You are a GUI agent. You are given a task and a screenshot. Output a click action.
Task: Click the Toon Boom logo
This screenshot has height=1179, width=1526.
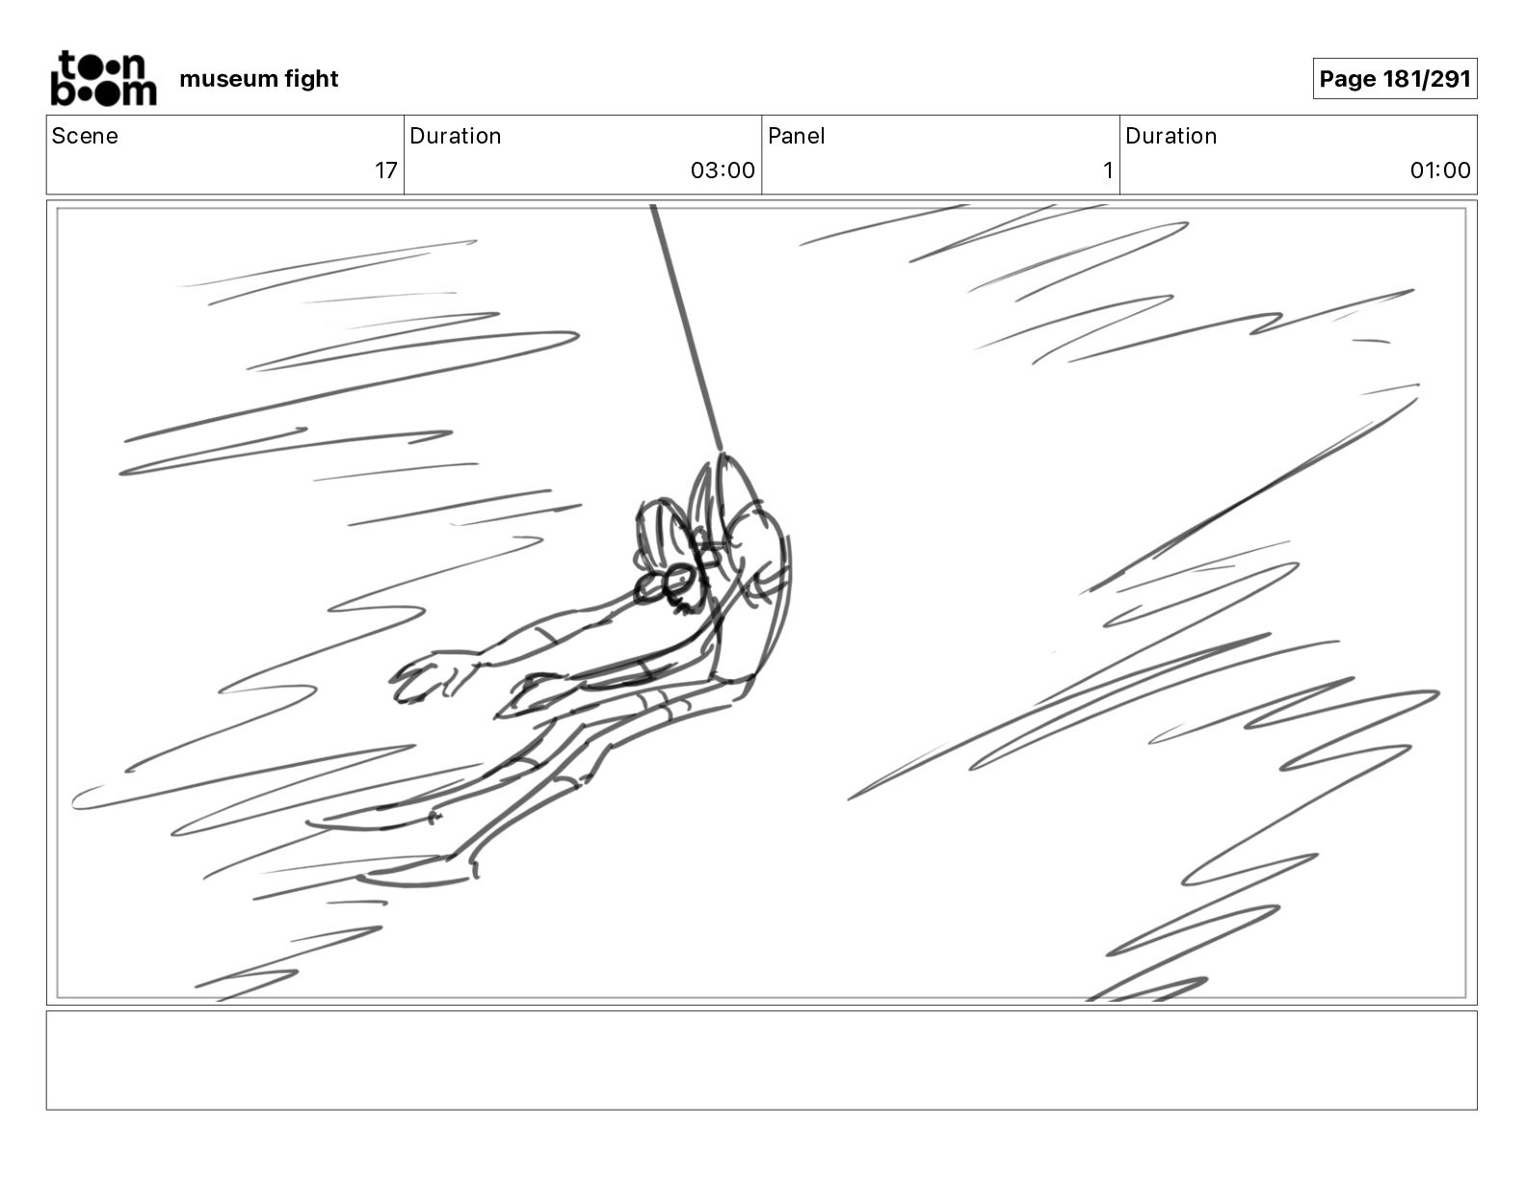104,78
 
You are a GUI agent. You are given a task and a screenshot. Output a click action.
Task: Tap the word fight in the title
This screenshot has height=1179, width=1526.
311,79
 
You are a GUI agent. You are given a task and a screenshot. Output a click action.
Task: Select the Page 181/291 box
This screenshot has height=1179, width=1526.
1395,79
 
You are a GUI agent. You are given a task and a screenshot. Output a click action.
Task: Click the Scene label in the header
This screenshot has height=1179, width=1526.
85,136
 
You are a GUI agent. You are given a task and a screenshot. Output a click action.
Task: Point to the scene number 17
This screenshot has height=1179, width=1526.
386,170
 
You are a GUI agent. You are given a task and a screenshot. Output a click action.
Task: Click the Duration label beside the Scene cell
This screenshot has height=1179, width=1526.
455,136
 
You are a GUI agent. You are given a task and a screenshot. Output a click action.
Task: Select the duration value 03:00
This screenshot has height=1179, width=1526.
723,170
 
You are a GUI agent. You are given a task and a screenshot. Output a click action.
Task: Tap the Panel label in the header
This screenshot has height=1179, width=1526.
797,136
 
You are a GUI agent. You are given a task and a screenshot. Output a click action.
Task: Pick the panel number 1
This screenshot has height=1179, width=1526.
1108,170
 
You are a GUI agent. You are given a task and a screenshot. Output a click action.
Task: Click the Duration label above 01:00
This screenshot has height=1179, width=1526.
1171,136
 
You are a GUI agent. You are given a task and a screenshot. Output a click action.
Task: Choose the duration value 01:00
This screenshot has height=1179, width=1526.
1440,170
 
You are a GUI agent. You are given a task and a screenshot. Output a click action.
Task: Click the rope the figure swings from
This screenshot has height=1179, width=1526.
686,327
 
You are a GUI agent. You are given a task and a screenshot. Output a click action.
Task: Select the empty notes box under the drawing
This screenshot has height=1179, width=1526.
762,1061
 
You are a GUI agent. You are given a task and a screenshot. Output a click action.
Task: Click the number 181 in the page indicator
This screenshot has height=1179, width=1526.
1403,79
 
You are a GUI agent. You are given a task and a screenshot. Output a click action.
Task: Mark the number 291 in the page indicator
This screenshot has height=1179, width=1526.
1450,79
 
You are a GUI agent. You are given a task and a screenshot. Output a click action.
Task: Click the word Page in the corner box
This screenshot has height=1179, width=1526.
1348,79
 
